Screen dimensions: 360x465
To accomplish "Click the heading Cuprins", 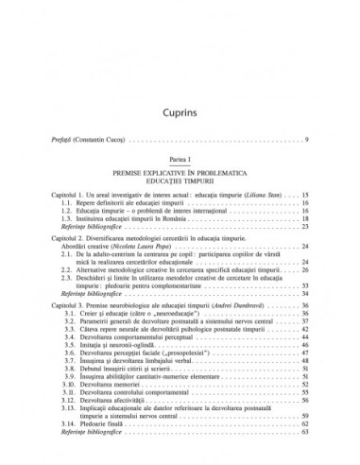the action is point(180,87).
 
